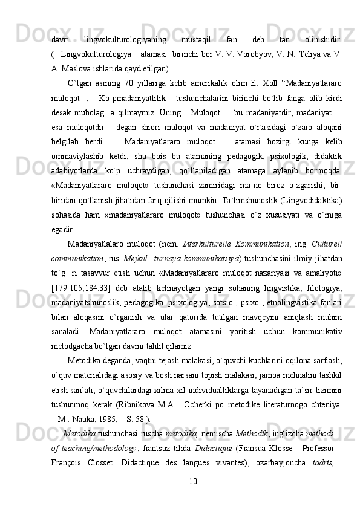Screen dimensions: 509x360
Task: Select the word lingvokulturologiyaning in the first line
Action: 125,24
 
